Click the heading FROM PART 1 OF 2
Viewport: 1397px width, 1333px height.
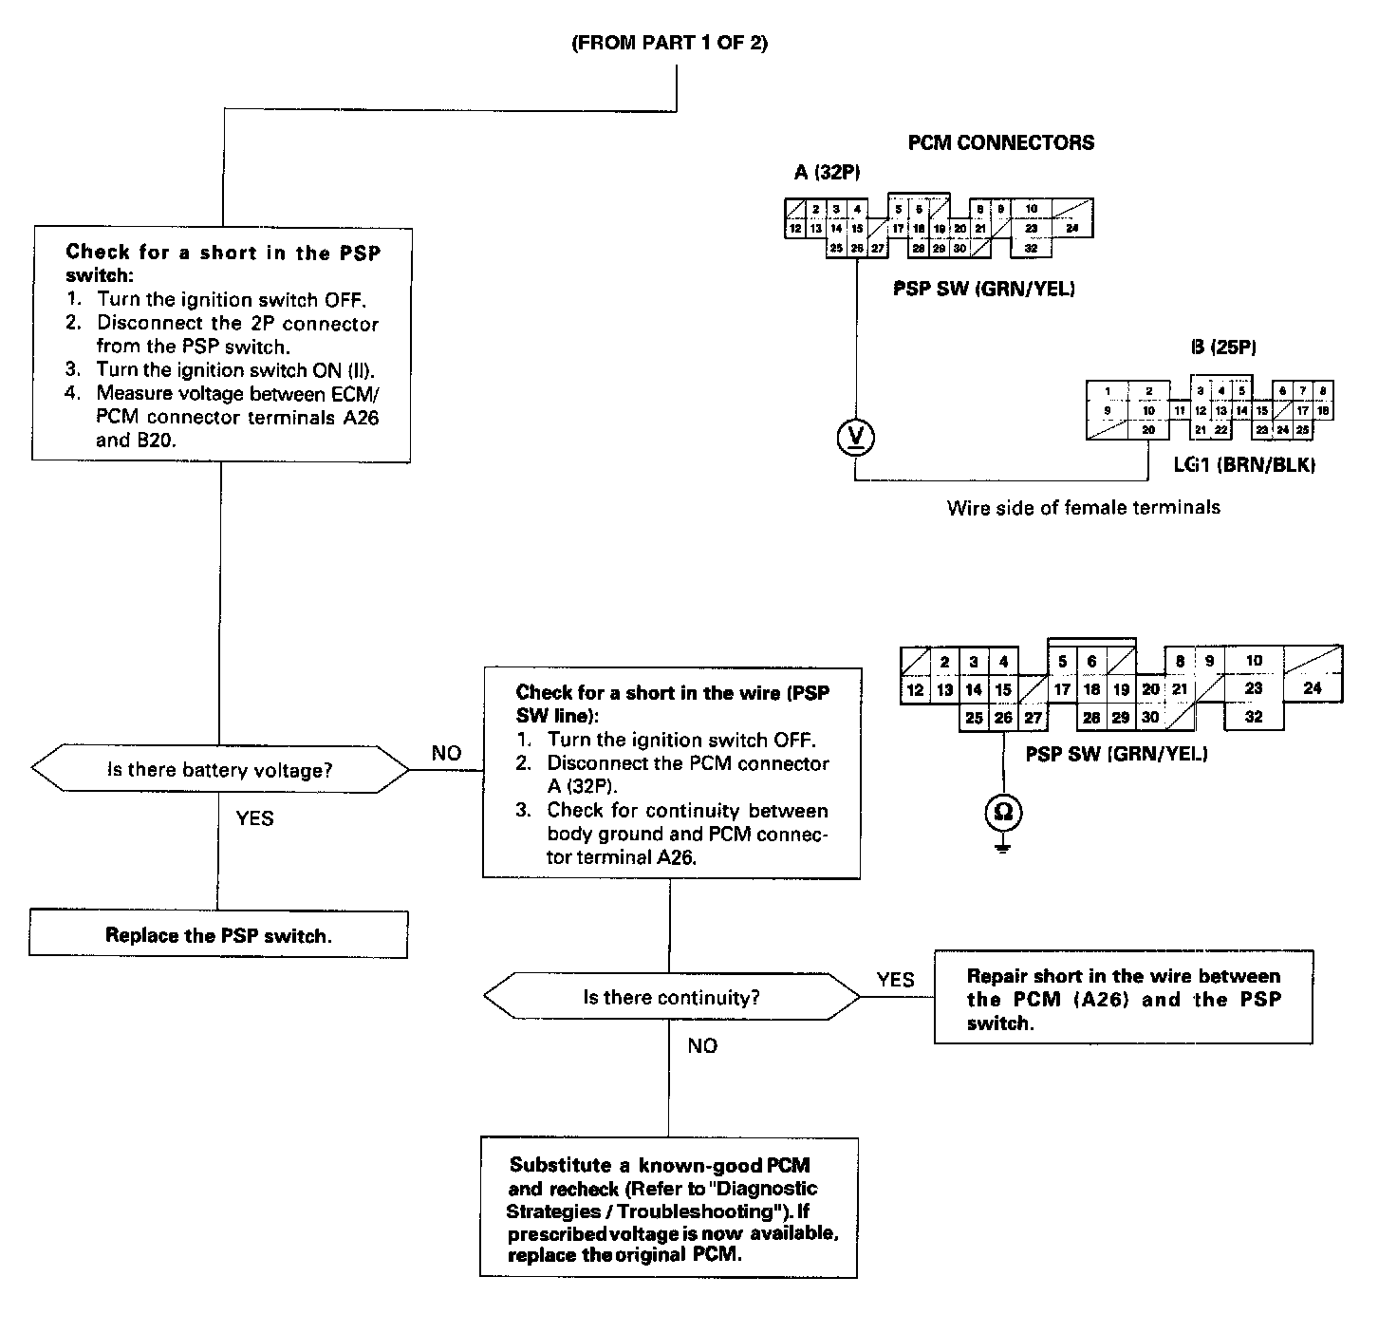pos(669,44)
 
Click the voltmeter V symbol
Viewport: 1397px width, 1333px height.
pos(856,437)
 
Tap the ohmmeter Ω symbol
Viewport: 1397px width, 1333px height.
pos(1003,811)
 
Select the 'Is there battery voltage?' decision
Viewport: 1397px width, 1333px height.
pos(220,770)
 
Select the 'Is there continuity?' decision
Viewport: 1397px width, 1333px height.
pos(671,998)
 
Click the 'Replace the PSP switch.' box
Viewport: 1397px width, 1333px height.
pos(218,935)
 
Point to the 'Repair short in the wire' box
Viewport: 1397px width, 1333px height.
pos(1124,999)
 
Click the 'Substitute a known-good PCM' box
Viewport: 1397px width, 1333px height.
pos(669,1209)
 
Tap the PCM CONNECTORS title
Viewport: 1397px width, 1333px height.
pos(1000,143)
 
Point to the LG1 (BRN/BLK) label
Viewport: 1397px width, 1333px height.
pos(1244,464)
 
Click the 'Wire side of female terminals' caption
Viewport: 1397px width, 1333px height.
pos(1083,507)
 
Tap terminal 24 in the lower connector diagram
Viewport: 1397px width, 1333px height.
pos(1313,687)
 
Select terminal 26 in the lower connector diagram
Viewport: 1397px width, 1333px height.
pos(1003,718)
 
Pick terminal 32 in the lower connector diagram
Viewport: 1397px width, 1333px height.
pos(1254,717)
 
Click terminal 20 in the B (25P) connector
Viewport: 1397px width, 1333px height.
pos(1148,430)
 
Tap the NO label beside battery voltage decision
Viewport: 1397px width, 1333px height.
pos(446,754)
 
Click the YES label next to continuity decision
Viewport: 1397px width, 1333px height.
pos(895,980)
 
